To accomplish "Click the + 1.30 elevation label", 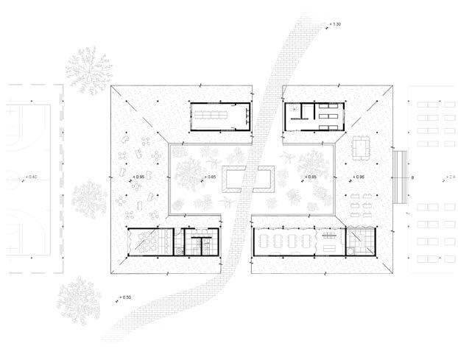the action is (337, 26).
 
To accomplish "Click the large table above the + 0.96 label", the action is (362, 149).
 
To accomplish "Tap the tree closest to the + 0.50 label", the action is (78, 297).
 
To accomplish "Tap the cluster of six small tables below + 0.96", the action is (362, 204).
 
